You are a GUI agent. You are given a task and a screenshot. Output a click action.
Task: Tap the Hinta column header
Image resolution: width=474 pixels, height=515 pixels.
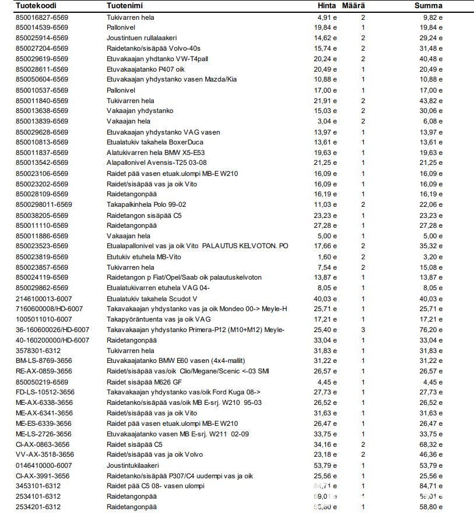(326, 6)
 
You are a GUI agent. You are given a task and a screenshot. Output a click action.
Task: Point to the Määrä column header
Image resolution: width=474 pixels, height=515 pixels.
(354, 6)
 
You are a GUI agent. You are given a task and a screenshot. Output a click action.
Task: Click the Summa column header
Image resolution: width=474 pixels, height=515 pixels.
(428, 6)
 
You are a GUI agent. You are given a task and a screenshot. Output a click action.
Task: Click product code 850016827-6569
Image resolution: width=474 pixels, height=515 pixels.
(41, 17)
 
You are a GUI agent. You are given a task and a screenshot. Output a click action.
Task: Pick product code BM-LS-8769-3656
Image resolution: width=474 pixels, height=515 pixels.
(44, 361)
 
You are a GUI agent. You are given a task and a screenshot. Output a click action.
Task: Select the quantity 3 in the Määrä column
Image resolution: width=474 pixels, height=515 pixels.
(363, 330)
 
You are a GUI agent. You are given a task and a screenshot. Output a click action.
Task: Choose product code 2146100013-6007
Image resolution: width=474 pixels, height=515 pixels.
(44, 298)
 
